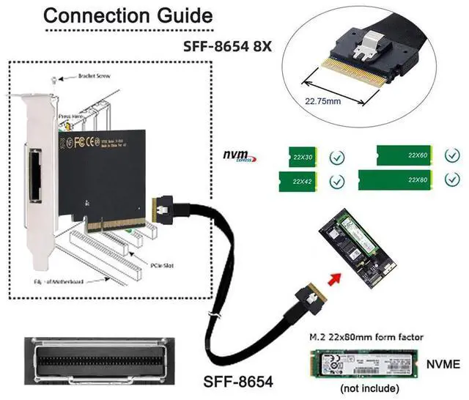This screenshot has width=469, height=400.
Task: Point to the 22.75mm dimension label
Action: click(x=323, y=100)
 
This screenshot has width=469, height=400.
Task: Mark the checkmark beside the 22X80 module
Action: click(x=449, y=180)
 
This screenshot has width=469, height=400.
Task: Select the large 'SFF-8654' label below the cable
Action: click(x=237, y=381)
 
